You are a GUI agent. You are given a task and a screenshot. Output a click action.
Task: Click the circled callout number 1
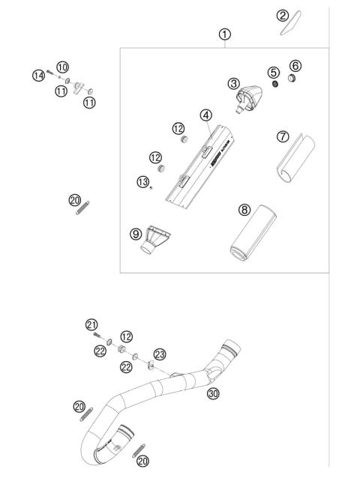pos(225,34)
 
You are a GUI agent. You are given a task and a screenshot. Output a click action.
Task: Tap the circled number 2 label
pos(283,16)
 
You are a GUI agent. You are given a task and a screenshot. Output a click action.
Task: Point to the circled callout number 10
pos(62,67)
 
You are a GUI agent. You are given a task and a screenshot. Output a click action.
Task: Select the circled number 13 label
pos(143,181)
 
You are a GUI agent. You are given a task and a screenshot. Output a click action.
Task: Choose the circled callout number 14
pos(37,74)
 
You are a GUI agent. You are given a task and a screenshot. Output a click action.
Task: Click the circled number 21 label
pos(91,324)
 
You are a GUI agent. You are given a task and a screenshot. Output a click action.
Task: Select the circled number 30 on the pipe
pos(213,393)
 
